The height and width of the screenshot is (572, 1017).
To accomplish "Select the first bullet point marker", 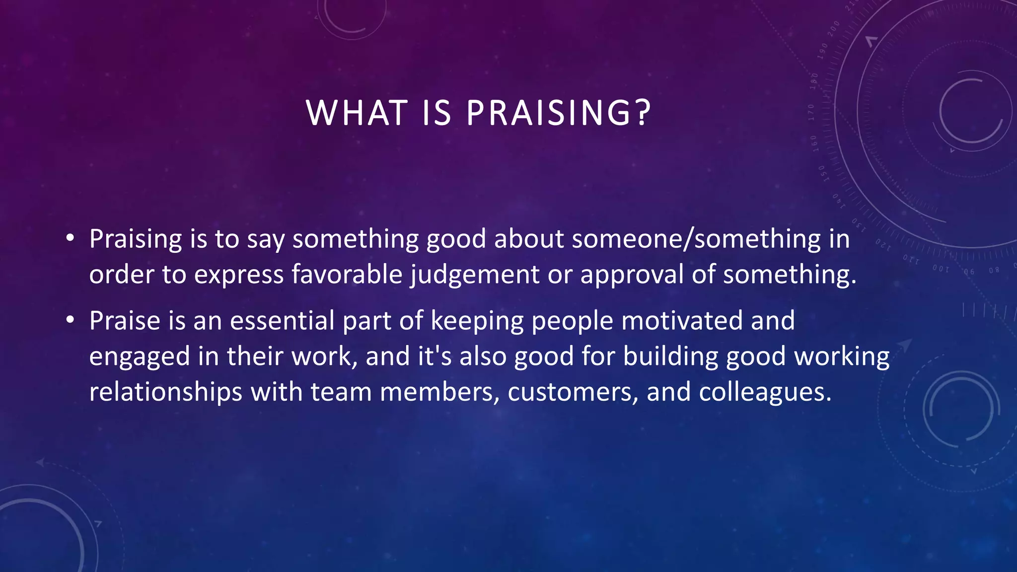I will click(70, 239).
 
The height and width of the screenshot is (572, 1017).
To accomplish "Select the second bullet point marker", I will click(70, 321).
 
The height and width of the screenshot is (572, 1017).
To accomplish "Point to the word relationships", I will click(166, 392).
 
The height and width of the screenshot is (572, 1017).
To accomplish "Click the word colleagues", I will click(765, 392).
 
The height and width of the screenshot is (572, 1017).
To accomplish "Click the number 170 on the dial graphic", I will click(811, 112).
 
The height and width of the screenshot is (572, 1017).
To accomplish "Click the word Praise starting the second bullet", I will click(125, 321).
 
